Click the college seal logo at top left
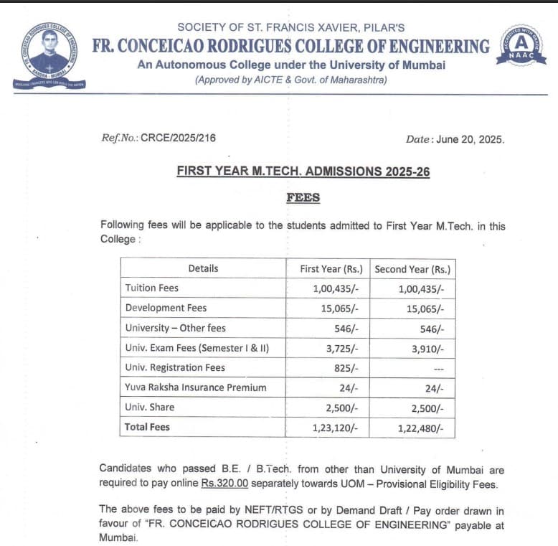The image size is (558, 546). [x=49, y=55]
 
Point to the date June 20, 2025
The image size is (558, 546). [x=470, y=139]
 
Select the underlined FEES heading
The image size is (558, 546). [x=303, y=197]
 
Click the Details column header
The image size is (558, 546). [x=203, y=268]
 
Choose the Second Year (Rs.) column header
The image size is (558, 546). [x=412, y=269]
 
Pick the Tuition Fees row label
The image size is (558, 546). [x=151, y=288]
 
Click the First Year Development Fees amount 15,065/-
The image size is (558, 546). [x=336, y=309]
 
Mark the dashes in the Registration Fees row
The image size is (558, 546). [x=439, y=369]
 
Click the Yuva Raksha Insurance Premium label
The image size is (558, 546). [x=195, y=387]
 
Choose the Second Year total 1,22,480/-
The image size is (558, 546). [x=421, y=428]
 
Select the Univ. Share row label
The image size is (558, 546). [x=149, y=408]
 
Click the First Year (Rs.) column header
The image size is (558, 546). [x=331, y=269]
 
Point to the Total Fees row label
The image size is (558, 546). [x=147, y=428]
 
